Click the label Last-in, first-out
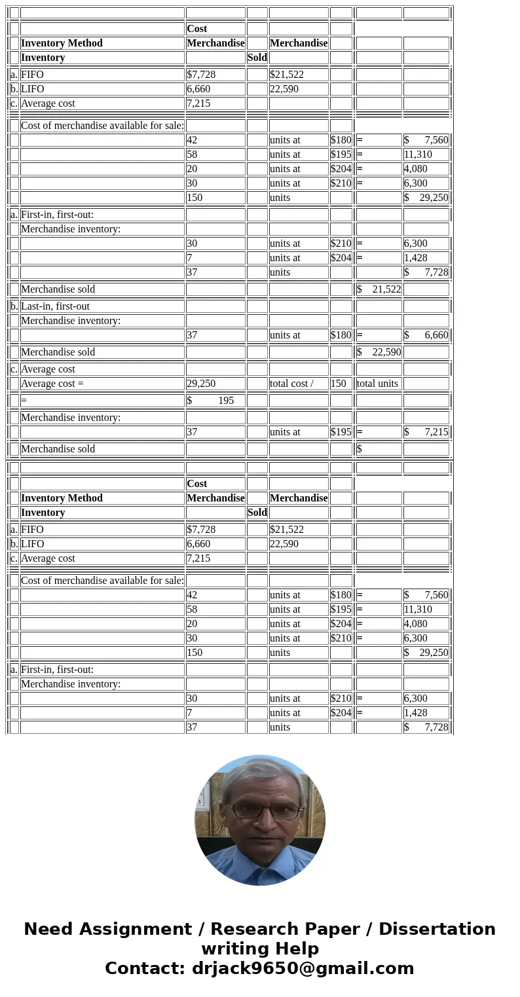55,306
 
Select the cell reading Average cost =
52,384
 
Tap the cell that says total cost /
291,384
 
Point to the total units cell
377,384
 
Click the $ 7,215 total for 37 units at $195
426,432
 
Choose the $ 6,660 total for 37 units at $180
426,335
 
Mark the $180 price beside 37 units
341,335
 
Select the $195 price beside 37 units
341,432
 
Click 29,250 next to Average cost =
201,384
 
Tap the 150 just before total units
338,384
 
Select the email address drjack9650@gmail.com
303,969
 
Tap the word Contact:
145,969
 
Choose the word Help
297,949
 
